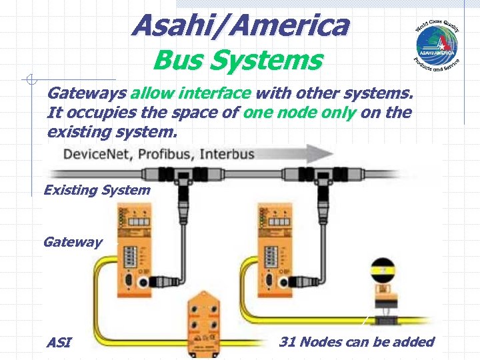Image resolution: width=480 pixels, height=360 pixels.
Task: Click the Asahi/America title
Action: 240,26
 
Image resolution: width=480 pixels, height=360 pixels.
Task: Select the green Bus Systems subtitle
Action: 237,61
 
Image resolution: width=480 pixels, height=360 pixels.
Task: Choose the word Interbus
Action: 227,155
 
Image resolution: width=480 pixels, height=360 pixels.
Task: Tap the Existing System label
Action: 97,190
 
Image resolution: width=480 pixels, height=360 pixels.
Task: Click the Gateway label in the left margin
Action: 73,241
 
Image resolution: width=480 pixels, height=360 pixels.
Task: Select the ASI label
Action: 58,343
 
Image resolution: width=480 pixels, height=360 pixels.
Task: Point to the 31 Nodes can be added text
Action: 357,342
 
